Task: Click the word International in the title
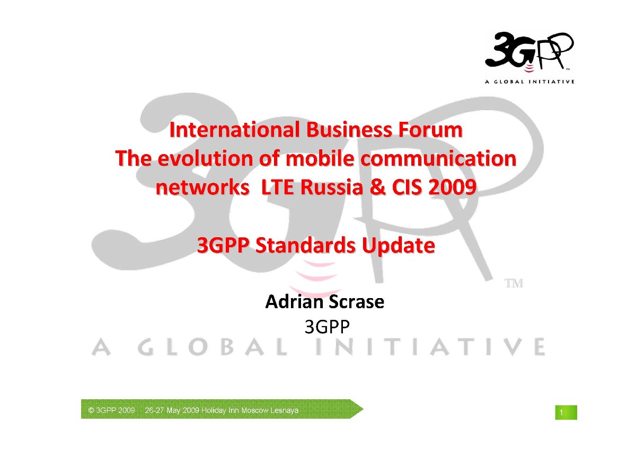click(234, 130)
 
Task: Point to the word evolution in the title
click(205, 158)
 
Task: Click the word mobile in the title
click(320, 158)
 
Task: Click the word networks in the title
click(202, 187)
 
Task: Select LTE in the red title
click(277, 187)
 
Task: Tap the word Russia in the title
click(332, 187)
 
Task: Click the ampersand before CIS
click(377, 187)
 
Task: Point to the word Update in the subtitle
click(399, 246)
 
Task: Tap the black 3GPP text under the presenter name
click(327, 327)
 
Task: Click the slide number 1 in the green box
click(561, 412)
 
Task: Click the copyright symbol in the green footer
click(91, 410)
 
